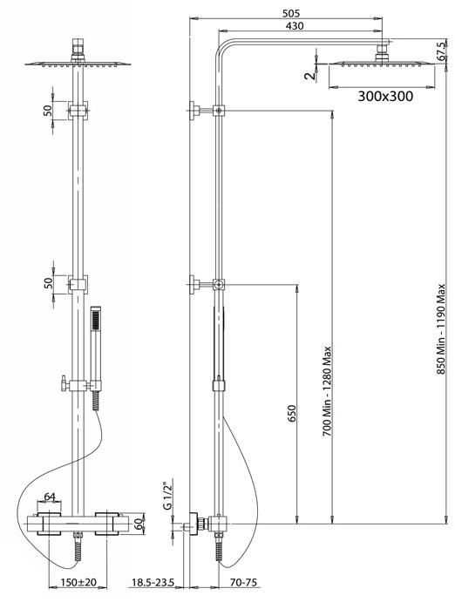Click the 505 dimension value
tap(290, 13)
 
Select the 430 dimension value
tap(295, 26)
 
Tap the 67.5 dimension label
tap(441, 51)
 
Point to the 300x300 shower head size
tap(385, 96)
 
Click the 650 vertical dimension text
tap(292, 414)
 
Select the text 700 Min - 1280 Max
tap(326, 391)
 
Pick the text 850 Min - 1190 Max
tap(440, 329)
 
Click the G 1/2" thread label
tap(168, 495)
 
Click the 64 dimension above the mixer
tap(50, 496)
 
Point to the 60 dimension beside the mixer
tap(139, 524)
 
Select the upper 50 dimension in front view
tap(48, 111)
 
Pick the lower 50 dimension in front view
tap(48, 283)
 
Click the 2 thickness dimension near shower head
tap(309, 76)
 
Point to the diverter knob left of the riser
tap(65, 384)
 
